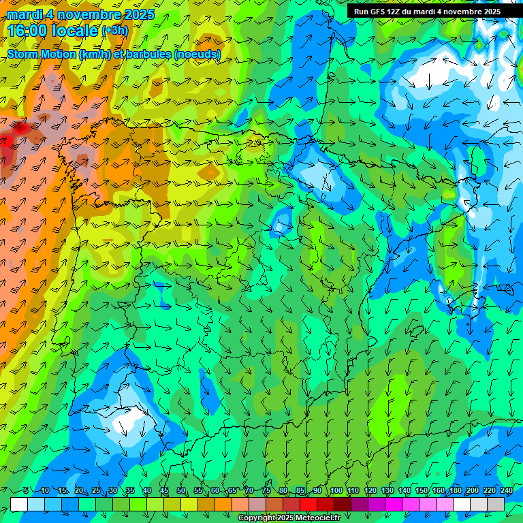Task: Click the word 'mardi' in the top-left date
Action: [24, 14]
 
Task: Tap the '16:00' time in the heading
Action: [27, 31]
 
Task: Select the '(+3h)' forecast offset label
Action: [114, 31]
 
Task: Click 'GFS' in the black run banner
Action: [381, 12]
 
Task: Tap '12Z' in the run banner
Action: [400, 12]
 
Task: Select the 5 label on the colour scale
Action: [26, 491]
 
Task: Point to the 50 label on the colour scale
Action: [180, 491]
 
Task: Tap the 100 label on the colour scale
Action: [336, 491]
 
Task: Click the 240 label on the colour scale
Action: [506, 491]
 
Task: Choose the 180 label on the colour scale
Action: [455, 491]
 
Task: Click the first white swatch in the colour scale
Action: [19, 504]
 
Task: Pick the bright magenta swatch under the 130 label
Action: [394, 504]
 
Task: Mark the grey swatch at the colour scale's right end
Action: [496, 504]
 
